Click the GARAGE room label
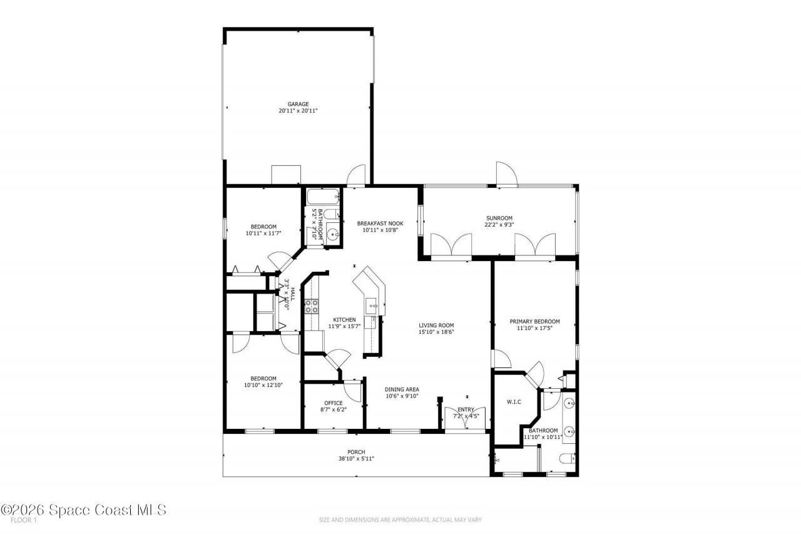pyautogui.click(x=298, y=105)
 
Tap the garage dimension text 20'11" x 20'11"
pyautogui.click(x=298, y=111)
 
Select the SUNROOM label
pyautogui.click(x=498, y=218)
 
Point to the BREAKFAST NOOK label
pyautogui.click(x=380, y=223)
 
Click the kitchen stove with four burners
pyautogui.click(x=311, y=306)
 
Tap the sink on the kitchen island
pyautogui.click(x=373, y=307)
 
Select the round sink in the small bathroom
pyautogui.click(x=333, y=235)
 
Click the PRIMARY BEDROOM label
pyautogui.click(x=534, y=322)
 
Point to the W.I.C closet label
pyautogui.click(x=513, y=401)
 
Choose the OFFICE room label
pyautogui.click(x=333, y=403)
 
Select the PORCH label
pyautogui.click(x=356, y=452)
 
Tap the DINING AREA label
pyautogui.click(x=402, y=389)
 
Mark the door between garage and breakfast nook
pyautogui.click(x=357, y=176)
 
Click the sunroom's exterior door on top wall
pyautogui.click(x=506, y=174)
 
